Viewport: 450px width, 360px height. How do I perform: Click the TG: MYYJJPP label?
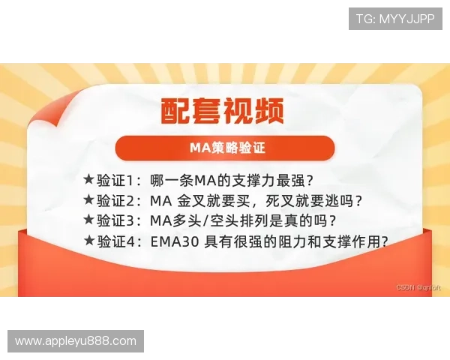click(395, 18)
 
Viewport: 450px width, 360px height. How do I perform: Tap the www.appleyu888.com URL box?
click(75, 341)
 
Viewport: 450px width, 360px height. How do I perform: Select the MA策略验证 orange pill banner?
click(224, 147)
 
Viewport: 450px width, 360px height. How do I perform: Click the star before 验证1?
click(88, 180)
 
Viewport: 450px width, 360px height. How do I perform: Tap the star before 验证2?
click(88, 200)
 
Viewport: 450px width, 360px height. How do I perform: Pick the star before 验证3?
click(88, 220)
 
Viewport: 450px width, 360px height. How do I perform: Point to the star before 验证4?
click(88, 241)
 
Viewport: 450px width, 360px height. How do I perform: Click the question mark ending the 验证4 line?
click(384, 241)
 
